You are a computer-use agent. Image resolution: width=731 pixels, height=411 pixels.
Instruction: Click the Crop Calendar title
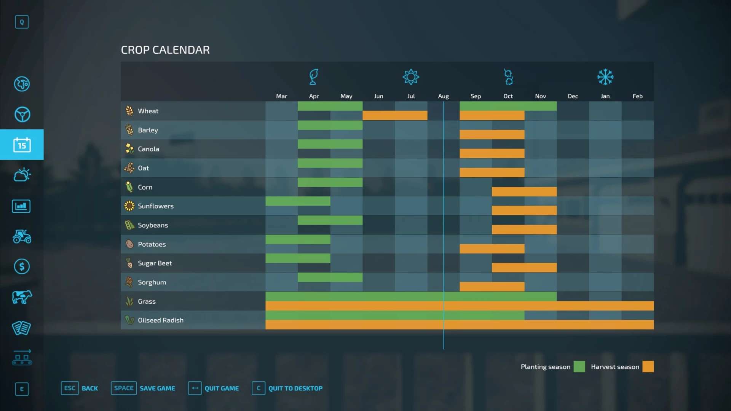tap(165, 50)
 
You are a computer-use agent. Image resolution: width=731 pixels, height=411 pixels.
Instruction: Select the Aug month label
tap(443, 96)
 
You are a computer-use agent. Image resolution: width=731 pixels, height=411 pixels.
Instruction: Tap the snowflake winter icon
tap(605, 77)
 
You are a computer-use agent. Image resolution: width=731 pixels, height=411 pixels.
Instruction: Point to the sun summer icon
tap(411, 77)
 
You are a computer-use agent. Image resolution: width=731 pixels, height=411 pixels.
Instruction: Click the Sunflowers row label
tap(155, 206)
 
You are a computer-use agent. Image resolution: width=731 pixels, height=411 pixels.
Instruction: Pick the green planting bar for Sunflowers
tap(298, 201)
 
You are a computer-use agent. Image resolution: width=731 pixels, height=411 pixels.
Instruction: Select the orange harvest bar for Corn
tap(524, 191)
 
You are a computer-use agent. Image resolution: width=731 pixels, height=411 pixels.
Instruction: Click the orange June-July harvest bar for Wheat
tap(395, 115)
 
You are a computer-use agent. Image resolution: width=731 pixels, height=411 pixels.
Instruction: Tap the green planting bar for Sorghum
tap(330, 277)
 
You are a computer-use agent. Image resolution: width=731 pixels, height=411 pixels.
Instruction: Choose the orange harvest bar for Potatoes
tap(492, 249)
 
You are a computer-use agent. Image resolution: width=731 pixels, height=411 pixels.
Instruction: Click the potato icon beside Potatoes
tap(129, 244)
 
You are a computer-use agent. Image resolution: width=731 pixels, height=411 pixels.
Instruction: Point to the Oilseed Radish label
tap(160, 320)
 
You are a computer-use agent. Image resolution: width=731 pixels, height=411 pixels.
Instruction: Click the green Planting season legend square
tap(579, 366)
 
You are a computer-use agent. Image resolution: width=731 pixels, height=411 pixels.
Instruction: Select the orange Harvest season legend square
tap(648, 366)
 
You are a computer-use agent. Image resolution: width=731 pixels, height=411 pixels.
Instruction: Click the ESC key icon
tap(70, 388)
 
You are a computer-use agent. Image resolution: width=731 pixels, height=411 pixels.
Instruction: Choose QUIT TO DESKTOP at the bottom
tap(295, 388)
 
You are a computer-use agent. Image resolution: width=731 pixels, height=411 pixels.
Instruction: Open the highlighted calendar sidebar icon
tap(22, 145)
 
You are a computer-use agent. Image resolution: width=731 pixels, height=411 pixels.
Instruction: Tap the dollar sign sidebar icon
tap(22, 266)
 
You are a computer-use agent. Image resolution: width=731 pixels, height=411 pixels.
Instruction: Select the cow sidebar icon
tap(22, 297)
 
